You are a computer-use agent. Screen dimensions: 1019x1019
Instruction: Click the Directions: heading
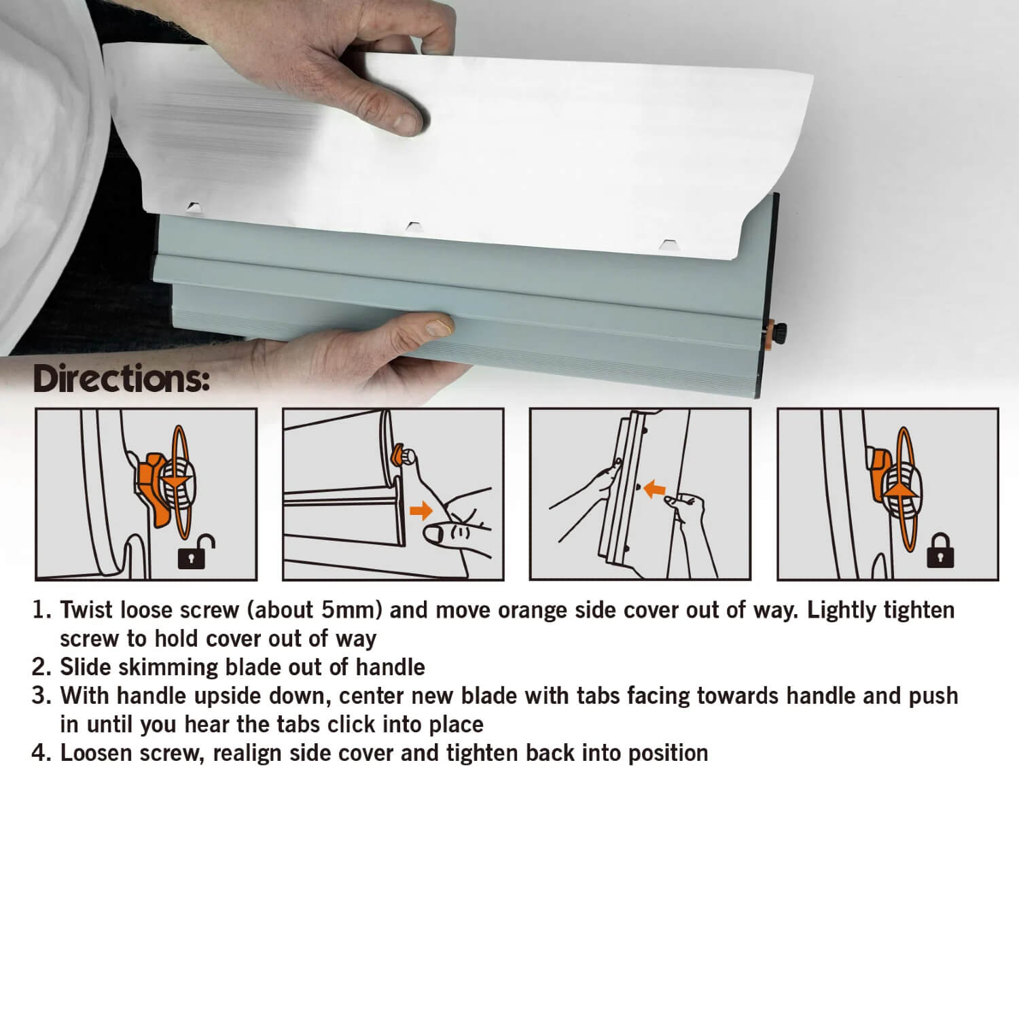point(121,379)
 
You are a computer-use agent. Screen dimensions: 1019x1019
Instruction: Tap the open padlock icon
point(196,551)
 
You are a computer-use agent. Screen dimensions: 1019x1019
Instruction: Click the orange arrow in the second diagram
point(421,510)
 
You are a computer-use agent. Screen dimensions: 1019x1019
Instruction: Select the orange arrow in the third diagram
point(654,488)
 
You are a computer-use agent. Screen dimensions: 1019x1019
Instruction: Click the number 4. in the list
point(42,753)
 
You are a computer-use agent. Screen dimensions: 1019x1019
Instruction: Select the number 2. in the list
point(42,667)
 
